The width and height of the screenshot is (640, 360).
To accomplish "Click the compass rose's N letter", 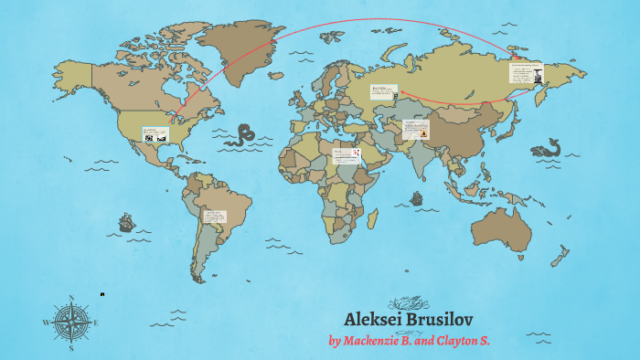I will [x=70, y=298].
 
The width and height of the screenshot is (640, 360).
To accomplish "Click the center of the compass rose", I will [x=70, y=322].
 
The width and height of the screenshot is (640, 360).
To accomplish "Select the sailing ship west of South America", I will [x=126, y=221].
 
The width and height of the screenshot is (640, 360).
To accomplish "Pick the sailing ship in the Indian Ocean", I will [x=417, y=197].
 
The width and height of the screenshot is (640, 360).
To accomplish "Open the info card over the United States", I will [x=155, y=133].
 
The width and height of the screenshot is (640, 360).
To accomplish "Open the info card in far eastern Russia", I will [x=526, y=72].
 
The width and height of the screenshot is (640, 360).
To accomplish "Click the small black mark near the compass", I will [x=102, y=294].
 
